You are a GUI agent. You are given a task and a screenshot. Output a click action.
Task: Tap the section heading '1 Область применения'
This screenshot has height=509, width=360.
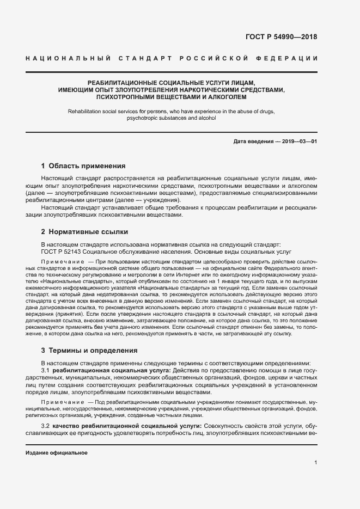tap(83, 165)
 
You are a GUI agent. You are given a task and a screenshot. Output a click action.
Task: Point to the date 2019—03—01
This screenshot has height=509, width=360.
tap(298, 142)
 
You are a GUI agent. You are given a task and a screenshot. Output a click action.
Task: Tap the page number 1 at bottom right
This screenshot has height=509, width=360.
tap(316, 463)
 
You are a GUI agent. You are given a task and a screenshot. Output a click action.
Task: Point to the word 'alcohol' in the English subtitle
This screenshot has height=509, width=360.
tap(207, 118)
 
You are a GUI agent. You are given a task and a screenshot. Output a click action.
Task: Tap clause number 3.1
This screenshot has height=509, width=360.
tap(46, 370)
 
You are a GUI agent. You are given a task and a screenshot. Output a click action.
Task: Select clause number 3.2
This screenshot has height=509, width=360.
tap(46, 425)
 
